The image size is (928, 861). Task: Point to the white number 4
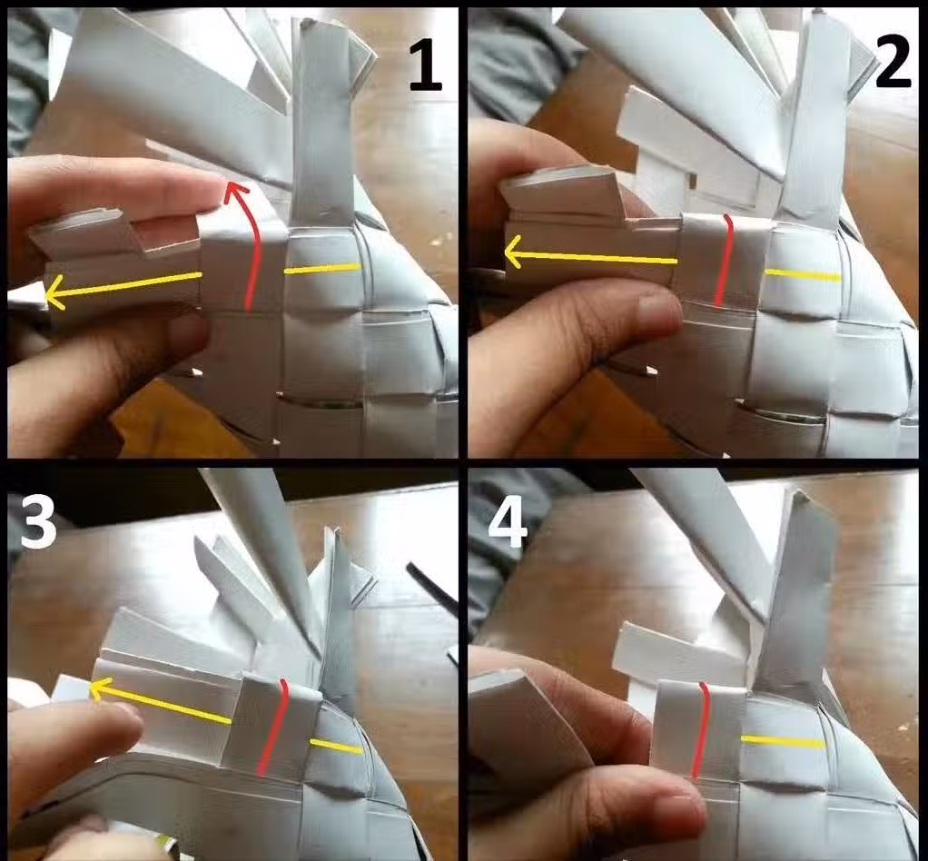508,521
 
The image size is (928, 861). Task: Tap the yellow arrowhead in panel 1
55,292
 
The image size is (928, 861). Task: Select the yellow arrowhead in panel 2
514,252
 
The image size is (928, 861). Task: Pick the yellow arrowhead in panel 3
100,688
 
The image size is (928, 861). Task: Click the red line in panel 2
725,261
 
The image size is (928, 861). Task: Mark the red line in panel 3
276,727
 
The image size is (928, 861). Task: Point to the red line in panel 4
702,730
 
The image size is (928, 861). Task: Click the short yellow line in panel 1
322,269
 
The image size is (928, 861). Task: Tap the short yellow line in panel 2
803,275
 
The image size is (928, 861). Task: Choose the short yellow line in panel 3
336,747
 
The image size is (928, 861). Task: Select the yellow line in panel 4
783,741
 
